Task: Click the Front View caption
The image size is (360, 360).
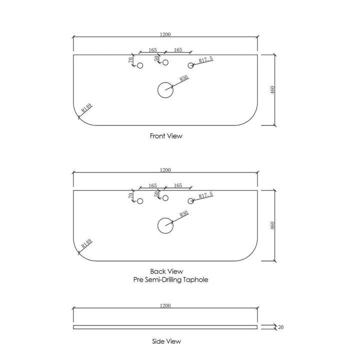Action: pos(166,136)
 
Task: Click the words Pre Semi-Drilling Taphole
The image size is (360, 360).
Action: pos(171,279)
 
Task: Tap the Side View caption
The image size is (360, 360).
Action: pos(166,341)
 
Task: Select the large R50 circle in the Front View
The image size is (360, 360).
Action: pos(157,90)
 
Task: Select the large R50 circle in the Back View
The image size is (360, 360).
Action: pos(157,225)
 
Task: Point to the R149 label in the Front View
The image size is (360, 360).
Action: pos(86,107)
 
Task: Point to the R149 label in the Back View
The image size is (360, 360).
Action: pos(86,243)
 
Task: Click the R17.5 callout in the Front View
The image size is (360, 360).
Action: pos(205,59)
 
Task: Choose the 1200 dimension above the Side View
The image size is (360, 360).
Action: pos(165,305)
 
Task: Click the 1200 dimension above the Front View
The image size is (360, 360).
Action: pos(165,34)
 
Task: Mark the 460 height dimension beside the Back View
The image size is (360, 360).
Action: pos(272,225)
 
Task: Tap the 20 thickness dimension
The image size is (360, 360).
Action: pos(281,327)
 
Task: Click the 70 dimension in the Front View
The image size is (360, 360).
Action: pos(130,60)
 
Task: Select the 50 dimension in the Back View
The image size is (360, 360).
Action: pos(156,194)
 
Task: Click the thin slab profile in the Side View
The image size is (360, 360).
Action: pos(165,327)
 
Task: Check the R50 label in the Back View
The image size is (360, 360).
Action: pos(184,214)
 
